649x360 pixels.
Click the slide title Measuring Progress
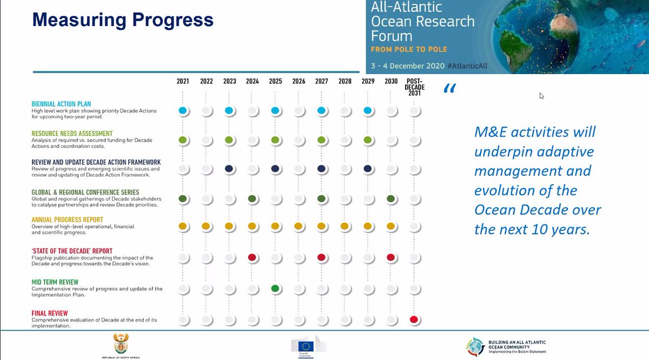pyautogui.click(x=123, y=20)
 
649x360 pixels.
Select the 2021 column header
pyautogui.click(x=183, y=82)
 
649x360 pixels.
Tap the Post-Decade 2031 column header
pyautogui.click(x=415, y=87)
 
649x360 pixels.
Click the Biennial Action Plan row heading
pyautogui.click(x=61, y=104)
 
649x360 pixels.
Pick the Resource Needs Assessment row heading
pyautogui.click(x=72, y=134)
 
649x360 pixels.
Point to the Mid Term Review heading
pyautogui.click(x=55, y=282)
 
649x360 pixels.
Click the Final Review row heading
pyautogui.click(x=50, y=313)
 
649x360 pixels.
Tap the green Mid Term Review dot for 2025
pyautogui.click(x=275, y=289)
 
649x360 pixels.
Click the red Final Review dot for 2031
pyautogui.click(x=414, y=319)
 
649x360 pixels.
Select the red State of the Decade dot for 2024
pyautogui.click(x=252, y=257)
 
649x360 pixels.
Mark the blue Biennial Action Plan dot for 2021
pyautogui.click(x=183, y=110)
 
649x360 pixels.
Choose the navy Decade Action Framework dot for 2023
pyautogui.click(x=229, y=169)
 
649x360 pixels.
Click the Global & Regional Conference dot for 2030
pyautogui.click(x=391, y=199)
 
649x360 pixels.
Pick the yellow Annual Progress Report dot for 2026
pyautogui.click(x=299, y=226)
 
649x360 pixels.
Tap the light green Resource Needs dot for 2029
pyautogui.click(x=368, y=140)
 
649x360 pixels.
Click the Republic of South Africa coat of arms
pyautogui.click(x=120, y=344)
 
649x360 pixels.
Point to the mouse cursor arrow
pyautogui.click(x=541, y=96)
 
